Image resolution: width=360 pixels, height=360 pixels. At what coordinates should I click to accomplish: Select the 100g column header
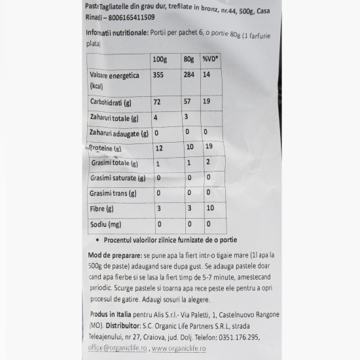click(160, 60)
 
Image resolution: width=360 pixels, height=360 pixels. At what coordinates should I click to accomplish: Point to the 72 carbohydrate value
click(157, 103)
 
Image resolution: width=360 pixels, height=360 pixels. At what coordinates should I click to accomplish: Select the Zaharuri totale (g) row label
click(115, 118)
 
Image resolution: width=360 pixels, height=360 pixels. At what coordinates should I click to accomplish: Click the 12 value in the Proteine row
click(157, 148)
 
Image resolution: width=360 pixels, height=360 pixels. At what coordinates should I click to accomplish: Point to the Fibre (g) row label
click(103, 209)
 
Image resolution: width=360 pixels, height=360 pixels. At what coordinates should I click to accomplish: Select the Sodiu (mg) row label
click(106, 224)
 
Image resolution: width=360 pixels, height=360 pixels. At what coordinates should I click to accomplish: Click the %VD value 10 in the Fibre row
click(209, 208)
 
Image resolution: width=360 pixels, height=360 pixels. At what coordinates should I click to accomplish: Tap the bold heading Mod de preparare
click(115, 254)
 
